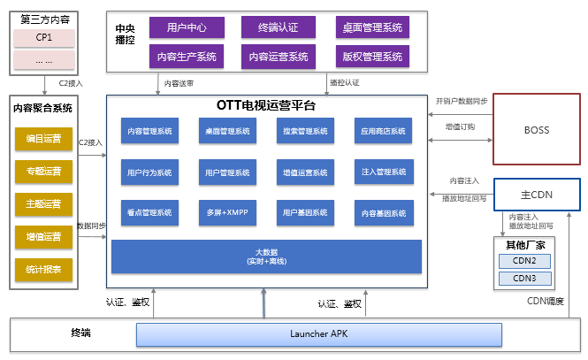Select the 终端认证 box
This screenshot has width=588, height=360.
tap(278, 27)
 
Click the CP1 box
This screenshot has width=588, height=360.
tap(44, 38)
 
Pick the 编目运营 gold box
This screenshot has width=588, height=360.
tap(44, 139)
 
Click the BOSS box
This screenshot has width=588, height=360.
tap(536, 130)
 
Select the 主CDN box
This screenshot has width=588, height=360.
tap(536, 194)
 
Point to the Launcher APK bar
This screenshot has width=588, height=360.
tap(319, 334)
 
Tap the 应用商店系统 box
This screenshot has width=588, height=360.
tap(383, 132)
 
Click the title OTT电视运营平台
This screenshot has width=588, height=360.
tap(265, 104)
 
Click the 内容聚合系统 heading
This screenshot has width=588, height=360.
tap(43, 108)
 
